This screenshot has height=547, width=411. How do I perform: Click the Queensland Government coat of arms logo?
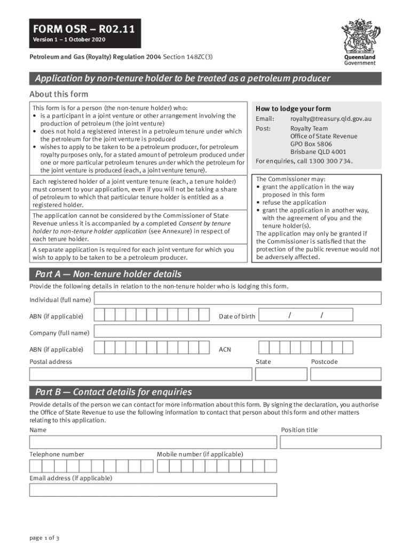[x=359, y=36]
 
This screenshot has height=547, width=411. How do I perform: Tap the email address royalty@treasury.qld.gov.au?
[x=331, y=119]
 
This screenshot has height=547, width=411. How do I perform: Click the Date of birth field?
[x=320, y=316]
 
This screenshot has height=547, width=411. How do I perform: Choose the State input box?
[x=281, y=373]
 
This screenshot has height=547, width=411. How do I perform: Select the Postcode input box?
[x=346, y=373]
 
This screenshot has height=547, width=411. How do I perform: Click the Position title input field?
[x=331, y=442]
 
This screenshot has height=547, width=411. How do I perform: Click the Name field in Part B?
[x=153, y=442]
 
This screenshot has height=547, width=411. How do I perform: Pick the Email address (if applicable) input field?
[x=153, y=490]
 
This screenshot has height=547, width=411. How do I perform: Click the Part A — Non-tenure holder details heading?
[x=108, y=275]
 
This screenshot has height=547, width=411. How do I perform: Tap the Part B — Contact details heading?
[x=113, y=392]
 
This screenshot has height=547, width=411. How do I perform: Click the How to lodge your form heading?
[x=294, y=108]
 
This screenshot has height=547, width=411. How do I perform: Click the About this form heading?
[x=59, y=95]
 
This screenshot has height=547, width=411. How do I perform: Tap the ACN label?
[x=225, y=350]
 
